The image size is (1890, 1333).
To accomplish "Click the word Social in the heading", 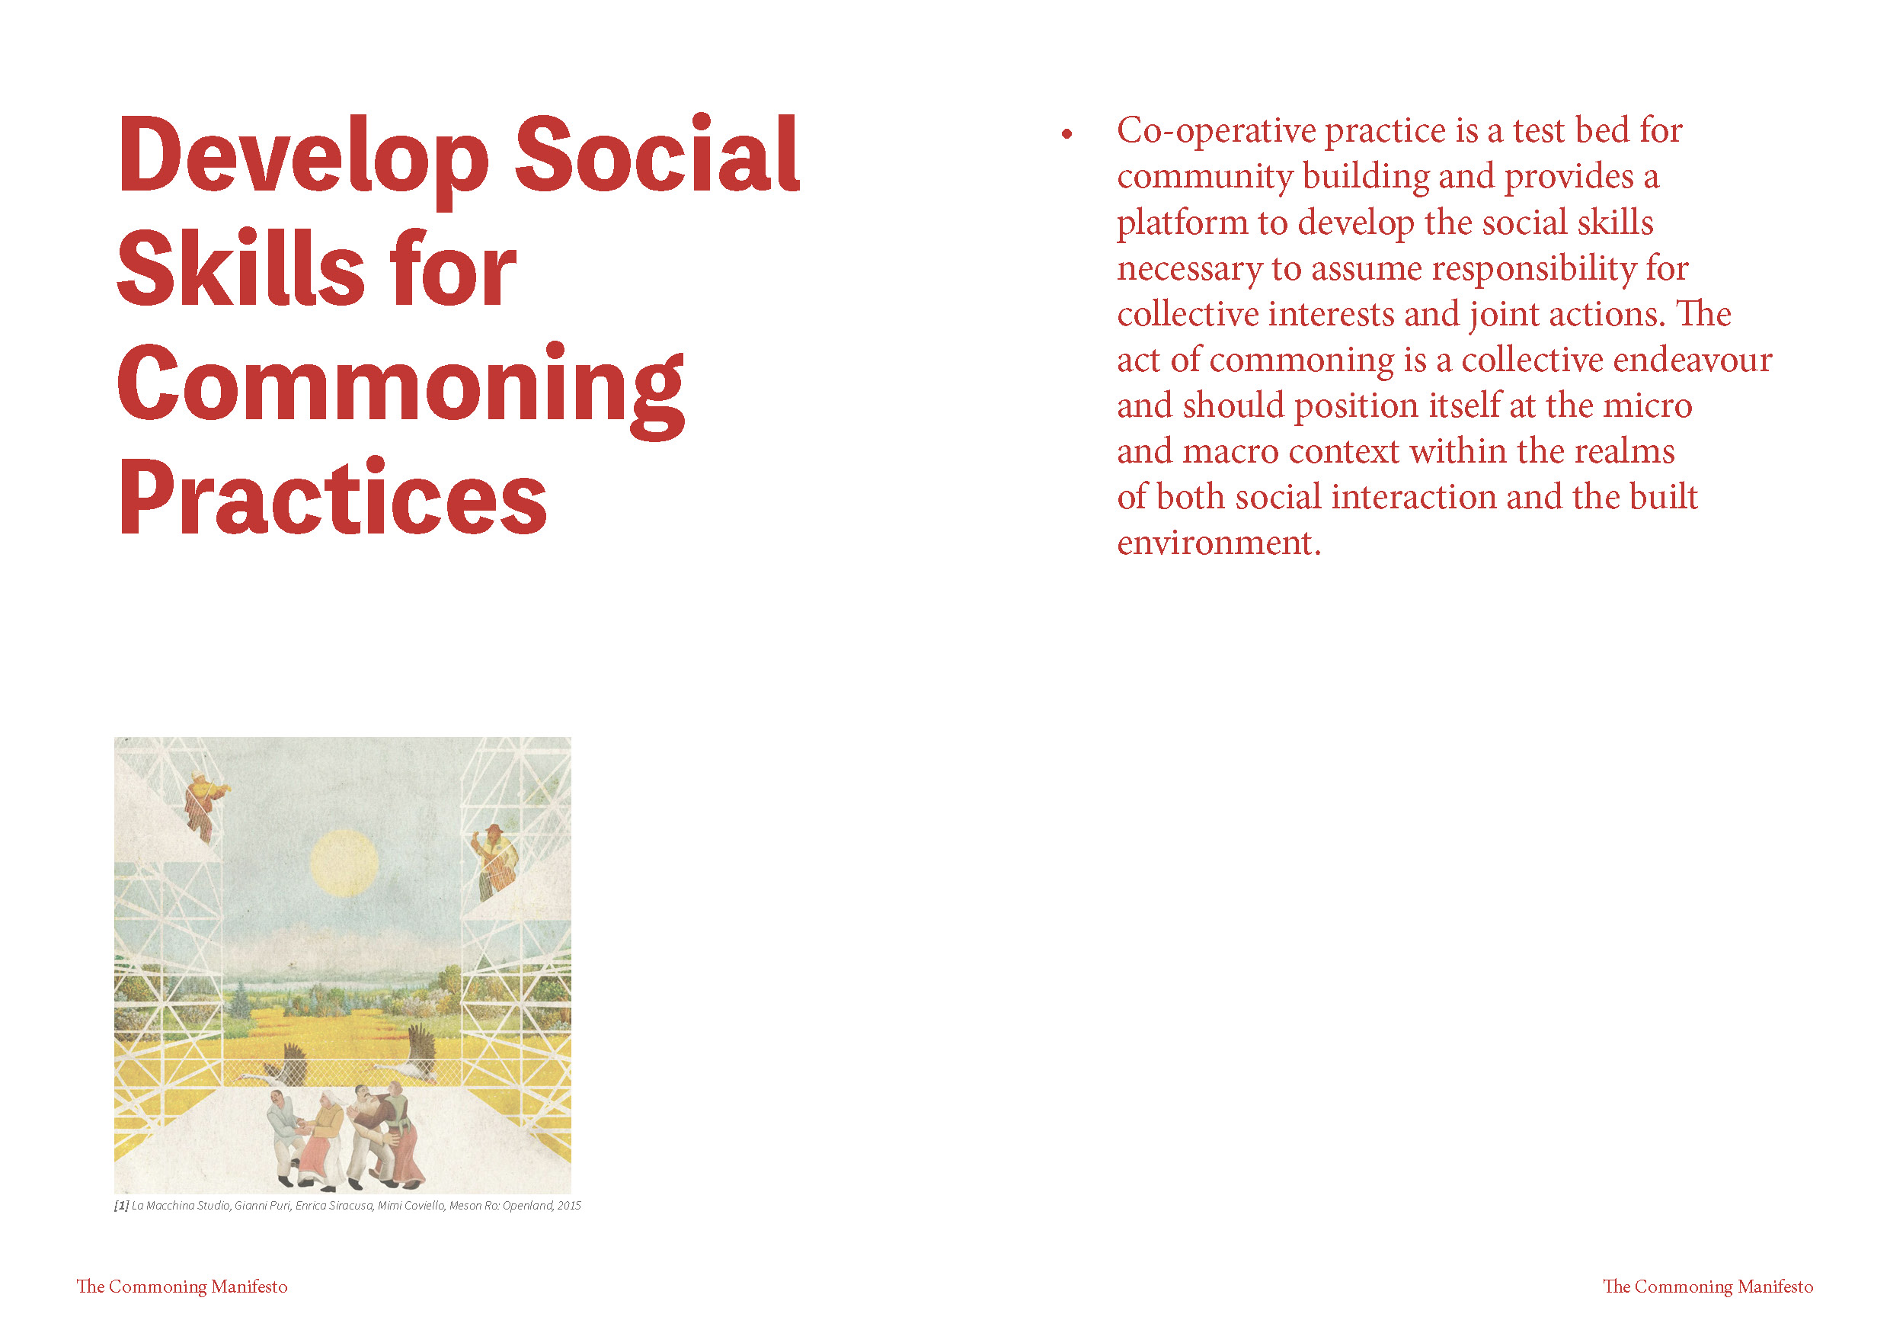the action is point(657,154).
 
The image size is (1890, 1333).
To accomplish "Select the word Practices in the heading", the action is point(331,496).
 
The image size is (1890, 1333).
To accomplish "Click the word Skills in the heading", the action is point(241,268).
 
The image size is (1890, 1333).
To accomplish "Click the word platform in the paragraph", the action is point(1182,223).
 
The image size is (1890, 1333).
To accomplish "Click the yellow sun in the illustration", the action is point(344,863).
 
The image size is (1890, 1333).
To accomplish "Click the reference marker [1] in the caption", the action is point(122,1206).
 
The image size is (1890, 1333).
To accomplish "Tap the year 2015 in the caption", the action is point(569,1206).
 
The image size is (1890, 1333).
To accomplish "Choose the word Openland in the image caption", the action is point(529,1206).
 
